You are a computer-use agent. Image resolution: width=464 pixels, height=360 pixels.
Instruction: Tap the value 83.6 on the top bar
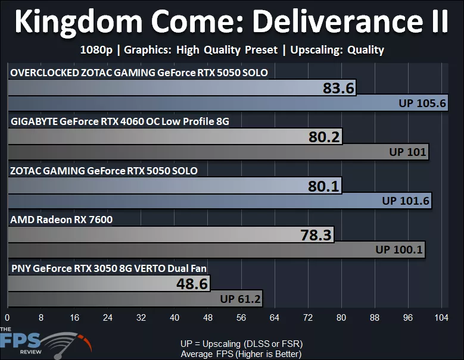coord(339,89)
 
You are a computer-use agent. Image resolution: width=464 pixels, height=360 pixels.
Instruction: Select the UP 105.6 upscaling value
coord(422,103)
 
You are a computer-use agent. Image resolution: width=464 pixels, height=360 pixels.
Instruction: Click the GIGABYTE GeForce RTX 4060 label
coord(120,121)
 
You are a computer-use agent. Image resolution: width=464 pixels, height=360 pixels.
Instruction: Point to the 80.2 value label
coord(324,137)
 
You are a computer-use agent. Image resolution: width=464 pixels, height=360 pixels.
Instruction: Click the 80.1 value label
coord(323,186)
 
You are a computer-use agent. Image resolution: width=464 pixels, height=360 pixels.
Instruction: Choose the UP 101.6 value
coord(406,201)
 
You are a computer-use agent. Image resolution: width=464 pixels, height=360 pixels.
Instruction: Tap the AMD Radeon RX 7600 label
coord(61,220)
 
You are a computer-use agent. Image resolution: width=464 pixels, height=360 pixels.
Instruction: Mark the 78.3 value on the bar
coord(316,235)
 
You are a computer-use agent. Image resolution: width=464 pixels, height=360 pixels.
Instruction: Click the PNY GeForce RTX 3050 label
coord(109,268)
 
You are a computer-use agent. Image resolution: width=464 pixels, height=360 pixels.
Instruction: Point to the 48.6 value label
coord(192,284)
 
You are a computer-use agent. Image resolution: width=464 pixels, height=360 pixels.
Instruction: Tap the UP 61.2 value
coord(241,298)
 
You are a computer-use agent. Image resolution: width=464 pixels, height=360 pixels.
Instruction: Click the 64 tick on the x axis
coord(275,318)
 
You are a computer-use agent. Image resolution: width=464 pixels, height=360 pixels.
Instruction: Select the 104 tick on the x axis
coord(441,318)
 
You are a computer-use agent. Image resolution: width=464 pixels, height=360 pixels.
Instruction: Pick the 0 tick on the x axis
coord(7,318)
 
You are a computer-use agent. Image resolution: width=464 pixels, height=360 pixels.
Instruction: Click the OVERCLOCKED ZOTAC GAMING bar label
coord(139,73)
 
